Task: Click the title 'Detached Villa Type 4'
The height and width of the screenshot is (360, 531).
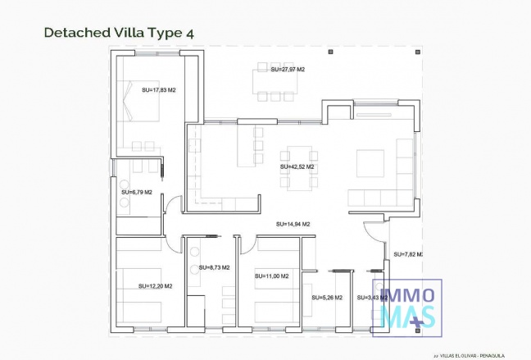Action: click(x=118, y=33)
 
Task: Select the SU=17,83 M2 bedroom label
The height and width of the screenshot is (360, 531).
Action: click(x=159, y=90)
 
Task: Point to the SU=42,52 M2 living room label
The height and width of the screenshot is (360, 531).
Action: click(x=297, y=166)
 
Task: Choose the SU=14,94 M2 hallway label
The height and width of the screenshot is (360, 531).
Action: click(x=293, y=223)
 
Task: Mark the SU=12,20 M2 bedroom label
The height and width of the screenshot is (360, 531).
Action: click(x=156, y=286)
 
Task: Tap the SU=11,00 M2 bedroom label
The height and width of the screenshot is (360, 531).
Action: click(x=271, y=276)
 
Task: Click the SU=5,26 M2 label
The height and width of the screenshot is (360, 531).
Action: click(x=326, y=298)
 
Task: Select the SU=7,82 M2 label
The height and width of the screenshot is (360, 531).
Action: click(x=407, y=254)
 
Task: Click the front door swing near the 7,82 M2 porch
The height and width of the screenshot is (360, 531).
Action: click(x=373, y=234)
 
